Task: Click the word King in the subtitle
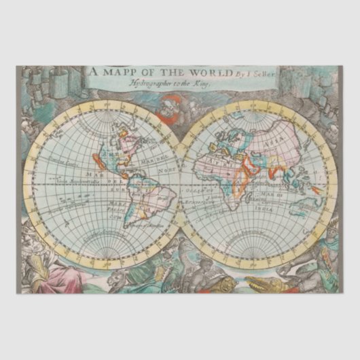(206, 82)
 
